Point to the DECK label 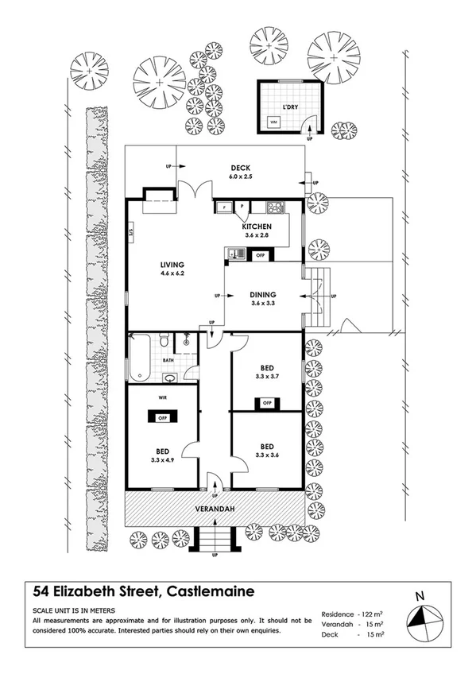pos(240,168)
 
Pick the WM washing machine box pos(273,122)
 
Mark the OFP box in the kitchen pos(260,255)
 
